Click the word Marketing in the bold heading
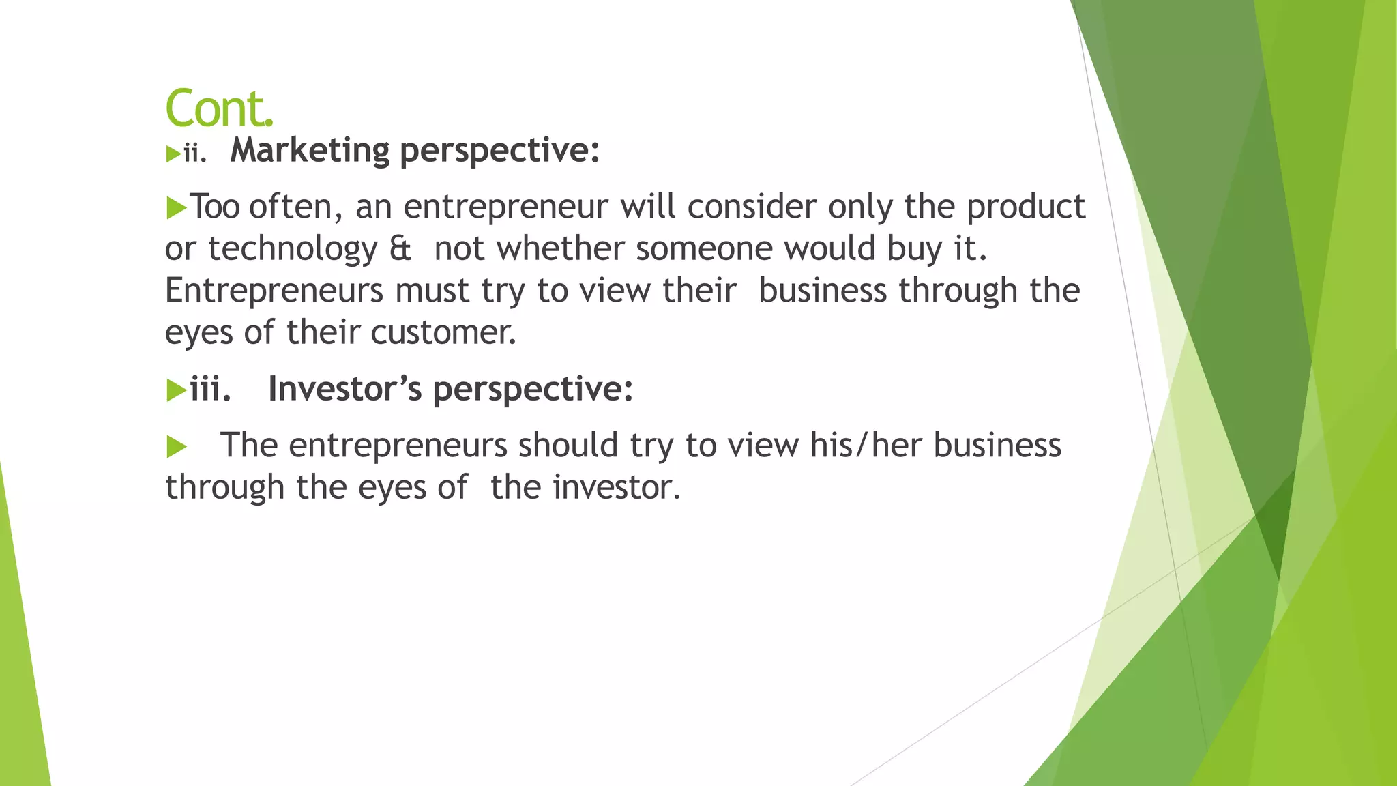(310, 151)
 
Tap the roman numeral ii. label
(194, 154)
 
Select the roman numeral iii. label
(210, 389)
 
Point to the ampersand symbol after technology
(400, 248)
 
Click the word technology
(293, 249)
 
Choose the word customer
(443, 333)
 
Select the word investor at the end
(616, 488)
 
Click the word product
(1025, 207)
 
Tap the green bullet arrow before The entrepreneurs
(176, 448)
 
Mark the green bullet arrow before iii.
(176, 391)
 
